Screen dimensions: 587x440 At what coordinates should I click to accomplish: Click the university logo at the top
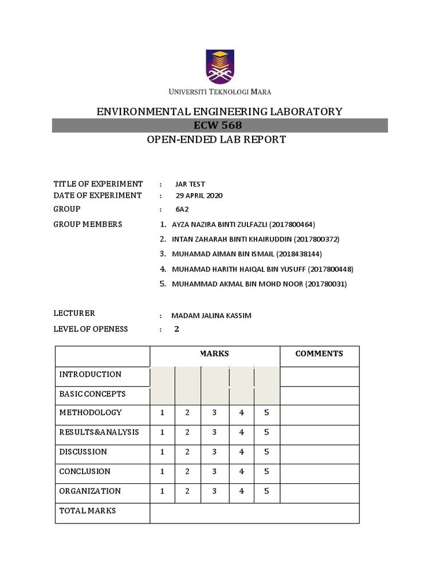click(x=219, y=66)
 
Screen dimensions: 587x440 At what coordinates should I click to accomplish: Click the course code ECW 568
click(x=219, y=126)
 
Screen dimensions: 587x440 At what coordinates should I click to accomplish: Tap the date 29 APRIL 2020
click(x=199, y=195)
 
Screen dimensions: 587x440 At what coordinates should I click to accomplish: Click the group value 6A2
click(x=182, y=209)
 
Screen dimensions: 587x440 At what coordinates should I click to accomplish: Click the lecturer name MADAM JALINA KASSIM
click(x=211, y=316)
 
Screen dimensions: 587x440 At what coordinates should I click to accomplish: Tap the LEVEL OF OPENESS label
click(x=91, y=329)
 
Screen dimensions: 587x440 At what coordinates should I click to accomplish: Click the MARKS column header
click(x=214, y=354)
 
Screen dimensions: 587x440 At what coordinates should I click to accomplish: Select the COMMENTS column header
click(x=319, y=354)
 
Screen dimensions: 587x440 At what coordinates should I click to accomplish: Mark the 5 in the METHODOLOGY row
click(x=266, y=413)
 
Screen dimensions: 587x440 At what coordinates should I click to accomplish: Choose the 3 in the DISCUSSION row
click(x=214, y=452)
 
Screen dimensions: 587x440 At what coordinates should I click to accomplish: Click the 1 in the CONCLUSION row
click(x=162, y=471)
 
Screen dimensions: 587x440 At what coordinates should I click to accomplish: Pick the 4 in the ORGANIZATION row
click(x=242, y=491)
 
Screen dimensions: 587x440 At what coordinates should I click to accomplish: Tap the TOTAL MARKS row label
click(x=87, y=510)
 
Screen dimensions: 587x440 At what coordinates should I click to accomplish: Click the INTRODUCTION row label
click(x=90, y=374)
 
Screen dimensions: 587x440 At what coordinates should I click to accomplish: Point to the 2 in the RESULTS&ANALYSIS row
click(x=187, y=432)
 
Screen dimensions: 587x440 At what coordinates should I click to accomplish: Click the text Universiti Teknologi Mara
click(x=219, y=92)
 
